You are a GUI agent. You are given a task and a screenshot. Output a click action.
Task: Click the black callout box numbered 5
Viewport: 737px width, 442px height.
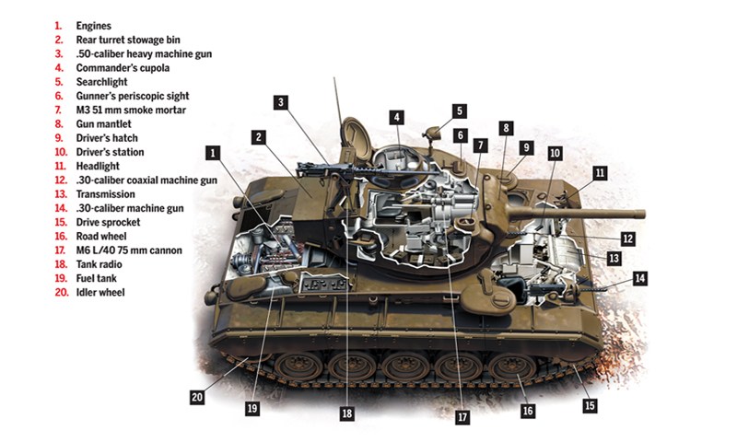point(460,111)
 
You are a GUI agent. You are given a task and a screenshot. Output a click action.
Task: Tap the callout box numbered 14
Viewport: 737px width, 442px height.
point(639,278)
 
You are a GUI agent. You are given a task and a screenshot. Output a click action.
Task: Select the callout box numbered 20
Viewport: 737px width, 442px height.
point(197,398)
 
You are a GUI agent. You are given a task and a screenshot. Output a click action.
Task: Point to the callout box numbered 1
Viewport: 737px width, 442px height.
point(213,153)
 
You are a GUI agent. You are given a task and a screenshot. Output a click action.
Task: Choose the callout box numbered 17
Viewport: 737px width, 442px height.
point(462,417)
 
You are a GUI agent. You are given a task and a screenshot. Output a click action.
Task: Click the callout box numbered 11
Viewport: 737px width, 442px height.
point(600,173)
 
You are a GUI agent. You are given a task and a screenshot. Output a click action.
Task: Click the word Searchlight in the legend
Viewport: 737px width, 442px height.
point(101,82)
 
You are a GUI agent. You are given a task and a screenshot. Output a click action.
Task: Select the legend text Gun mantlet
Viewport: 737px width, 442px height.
point(103,124)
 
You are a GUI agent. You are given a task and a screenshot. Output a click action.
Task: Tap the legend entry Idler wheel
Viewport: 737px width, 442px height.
point(100,293)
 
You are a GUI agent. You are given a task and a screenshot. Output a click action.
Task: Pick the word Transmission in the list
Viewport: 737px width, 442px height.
point(105,194)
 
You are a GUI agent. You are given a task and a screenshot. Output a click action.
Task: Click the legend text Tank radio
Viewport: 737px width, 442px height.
point(99,264)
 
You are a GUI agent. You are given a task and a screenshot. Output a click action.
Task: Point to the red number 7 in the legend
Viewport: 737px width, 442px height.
point(58,110)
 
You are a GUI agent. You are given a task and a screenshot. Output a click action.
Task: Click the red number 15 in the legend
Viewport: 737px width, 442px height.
point(61,223)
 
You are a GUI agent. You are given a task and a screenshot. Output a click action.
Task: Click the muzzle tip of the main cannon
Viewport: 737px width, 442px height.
point(642,215)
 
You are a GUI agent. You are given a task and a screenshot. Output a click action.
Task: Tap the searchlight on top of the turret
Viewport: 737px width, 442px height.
point(432,133)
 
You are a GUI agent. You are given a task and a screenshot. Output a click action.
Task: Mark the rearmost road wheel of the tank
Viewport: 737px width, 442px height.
point(298,366)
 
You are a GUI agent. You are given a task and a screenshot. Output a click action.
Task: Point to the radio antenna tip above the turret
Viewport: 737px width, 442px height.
point(334,78)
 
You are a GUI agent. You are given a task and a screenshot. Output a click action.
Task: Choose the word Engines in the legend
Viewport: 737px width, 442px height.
point(94,27)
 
